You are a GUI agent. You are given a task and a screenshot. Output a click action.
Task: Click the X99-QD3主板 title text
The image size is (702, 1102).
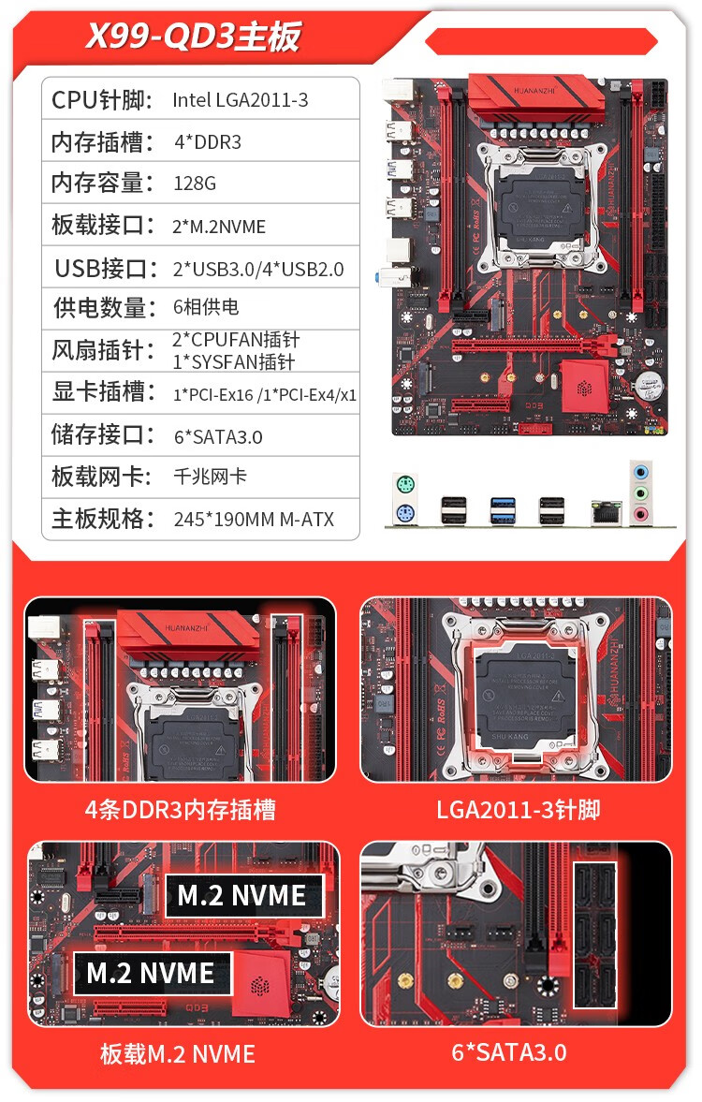[193, 37]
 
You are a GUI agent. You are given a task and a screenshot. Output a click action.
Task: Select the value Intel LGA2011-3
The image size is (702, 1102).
[241, 100]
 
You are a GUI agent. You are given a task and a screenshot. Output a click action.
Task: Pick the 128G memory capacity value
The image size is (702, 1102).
[195, 184]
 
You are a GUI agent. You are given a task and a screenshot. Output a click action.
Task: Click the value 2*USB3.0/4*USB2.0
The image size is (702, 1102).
[258, 269]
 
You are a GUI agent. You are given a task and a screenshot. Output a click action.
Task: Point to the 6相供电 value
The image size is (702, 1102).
[206, 307]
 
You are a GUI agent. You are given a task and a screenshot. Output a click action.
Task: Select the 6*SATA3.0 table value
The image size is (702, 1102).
[218, 437]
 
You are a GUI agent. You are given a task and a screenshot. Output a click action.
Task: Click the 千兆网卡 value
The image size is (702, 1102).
[210, 477]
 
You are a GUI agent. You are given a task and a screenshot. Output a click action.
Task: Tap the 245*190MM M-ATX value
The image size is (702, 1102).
[254, 520]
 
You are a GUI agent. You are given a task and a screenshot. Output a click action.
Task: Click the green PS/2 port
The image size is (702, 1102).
[405, 484]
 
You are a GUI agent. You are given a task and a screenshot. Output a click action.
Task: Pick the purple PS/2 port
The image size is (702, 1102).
[405, 513]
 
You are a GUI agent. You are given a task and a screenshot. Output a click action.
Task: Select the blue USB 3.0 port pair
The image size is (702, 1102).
[504, 510]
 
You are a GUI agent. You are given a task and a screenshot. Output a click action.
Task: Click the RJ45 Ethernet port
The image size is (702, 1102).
[607, 512]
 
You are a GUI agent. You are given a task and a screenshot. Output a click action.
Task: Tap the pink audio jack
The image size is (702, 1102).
[640, 514]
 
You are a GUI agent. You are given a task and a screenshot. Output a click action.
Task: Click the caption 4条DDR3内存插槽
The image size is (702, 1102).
[180, 810]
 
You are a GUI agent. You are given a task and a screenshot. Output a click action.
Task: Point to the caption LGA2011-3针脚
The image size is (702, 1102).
[518, 810]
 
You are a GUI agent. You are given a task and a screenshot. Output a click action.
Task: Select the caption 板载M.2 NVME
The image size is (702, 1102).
[178, 1054]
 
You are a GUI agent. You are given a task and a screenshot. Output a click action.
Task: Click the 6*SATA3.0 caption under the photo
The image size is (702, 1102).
[509, 1052]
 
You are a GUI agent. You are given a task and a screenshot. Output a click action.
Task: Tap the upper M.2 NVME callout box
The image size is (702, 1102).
[244, 896]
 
